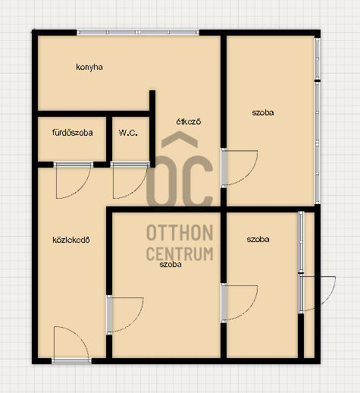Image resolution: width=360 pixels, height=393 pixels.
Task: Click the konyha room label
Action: coord(89,68)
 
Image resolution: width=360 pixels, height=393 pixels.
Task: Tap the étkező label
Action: coord(189,121)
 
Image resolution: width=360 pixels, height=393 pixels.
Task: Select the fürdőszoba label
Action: coord(73,133)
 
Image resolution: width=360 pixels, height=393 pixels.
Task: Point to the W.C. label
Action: coord(128,133)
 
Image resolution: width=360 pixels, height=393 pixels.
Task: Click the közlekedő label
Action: coord(71,240)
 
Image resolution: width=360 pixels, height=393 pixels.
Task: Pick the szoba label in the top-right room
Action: coord(263,112)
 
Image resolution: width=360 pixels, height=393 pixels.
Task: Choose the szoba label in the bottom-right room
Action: coord(258,239)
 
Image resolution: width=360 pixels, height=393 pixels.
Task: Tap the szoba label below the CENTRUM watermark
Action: coord(171,265)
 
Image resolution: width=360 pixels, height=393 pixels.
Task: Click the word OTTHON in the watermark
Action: coord(180,233)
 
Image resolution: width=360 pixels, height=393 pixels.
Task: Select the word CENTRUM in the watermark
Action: coord(180,253)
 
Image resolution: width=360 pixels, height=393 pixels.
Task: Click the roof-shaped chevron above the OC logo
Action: coord(180,139)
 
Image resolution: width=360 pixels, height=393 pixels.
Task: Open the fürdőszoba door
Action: coord(73,181)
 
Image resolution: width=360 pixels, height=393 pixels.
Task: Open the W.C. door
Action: coord(130,181)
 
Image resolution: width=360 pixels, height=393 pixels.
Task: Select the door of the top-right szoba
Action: coord(239,168)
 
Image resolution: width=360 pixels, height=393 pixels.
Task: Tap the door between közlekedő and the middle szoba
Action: coord(125,315)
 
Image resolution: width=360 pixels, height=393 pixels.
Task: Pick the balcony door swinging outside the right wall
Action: coord(317,294)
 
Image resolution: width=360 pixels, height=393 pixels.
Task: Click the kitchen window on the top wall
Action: coord(138,33)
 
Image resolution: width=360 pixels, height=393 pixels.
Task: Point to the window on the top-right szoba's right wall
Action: coord(318,121)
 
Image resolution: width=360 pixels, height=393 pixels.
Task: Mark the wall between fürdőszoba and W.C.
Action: coord(109,139)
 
